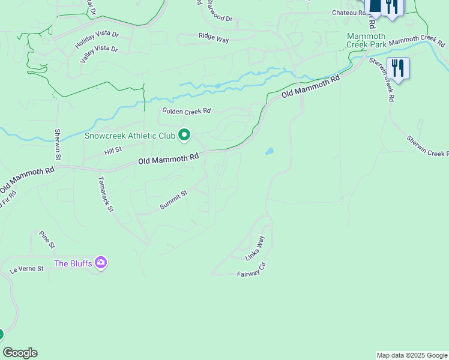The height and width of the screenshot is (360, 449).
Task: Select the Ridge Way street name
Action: coord(214,38)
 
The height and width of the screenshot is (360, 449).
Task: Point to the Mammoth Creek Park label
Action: coord(367,40)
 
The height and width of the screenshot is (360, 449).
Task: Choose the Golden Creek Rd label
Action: coord(187,111)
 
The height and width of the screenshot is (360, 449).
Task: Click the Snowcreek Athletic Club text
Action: coord(130,136)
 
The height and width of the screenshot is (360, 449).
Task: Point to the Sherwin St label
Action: coord(58,145)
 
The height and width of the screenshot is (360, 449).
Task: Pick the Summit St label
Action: coord(174,200)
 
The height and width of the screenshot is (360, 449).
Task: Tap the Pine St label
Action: coord(47,239)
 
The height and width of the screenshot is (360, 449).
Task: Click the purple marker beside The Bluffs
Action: coord(101,263)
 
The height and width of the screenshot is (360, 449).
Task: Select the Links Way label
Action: coord(255,248)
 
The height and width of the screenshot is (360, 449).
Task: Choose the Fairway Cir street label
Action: coord(251,272)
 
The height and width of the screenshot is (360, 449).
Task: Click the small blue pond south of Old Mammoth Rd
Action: coord(270,151)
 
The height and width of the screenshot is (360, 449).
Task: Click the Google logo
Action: coord(20,353)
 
